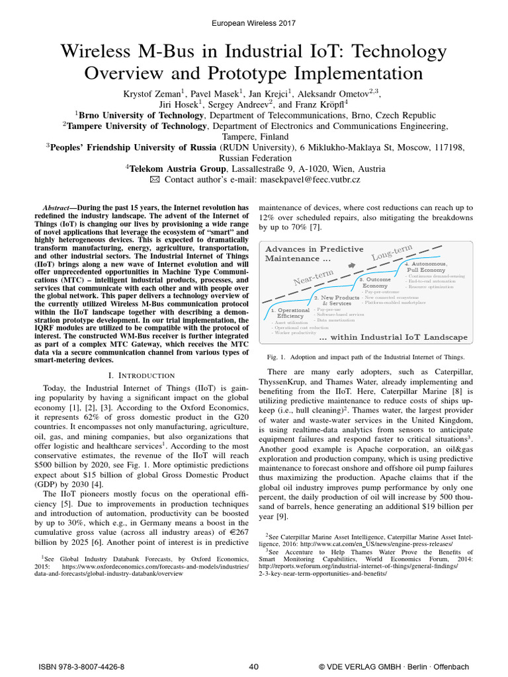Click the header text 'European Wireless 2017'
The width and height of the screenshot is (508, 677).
[x=254, y=23]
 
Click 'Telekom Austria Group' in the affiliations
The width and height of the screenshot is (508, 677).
[x=177, y=168]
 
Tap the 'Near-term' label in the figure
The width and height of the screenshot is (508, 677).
[x=314, y=278]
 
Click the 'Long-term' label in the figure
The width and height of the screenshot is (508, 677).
[x=392, y=253]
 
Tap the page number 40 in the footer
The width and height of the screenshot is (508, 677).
[x=253, y=666]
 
